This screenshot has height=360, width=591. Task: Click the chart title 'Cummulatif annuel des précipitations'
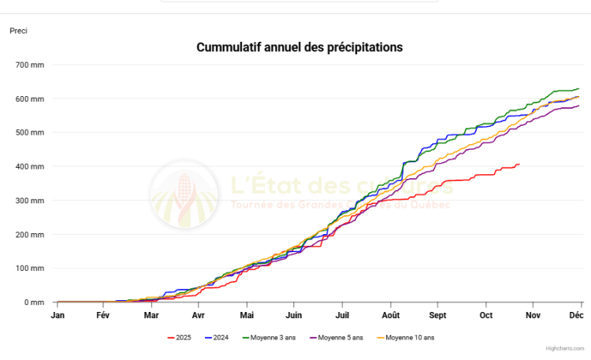[x=299, y=47]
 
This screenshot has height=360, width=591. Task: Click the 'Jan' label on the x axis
[x=58, y=315]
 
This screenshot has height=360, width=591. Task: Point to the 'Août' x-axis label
[x=390, y=315]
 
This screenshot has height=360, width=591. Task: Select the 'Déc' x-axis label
[x=578, y=315]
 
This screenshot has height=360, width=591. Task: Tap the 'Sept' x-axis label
[x=437, y=315]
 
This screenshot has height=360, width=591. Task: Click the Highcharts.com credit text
[x=565, y=347]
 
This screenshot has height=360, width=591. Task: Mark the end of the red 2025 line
[x=519, y=164]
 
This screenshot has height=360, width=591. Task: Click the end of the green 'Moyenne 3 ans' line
[x=578, y=89]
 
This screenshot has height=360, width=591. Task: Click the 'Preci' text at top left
[x=18, y=31]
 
